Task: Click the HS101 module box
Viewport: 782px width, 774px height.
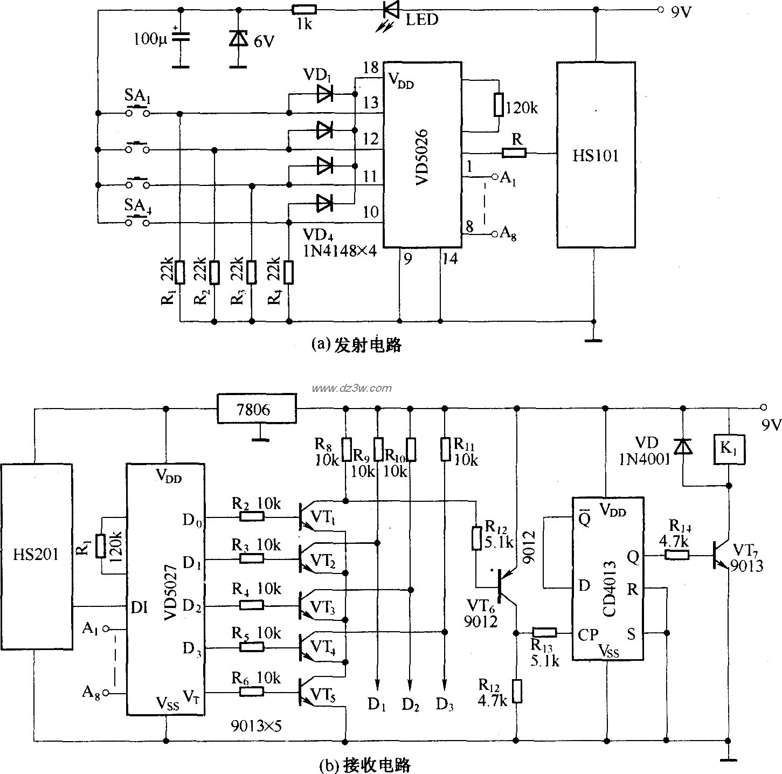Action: click(x=596, y=155)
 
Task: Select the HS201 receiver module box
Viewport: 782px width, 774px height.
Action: click(x=36, y=555)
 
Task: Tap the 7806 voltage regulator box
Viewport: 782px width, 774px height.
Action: click(x=257, y=410)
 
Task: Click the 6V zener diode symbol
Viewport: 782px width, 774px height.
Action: click(x=237, y=38)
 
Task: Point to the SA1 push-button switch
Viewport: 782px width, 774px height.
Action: click(x=137, y=113)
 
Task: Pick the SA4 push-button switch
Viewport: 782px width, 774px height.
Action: click(x=137, y=222)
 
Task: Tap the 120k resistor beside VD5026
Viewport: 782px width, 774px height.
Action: click(x=499, y=106)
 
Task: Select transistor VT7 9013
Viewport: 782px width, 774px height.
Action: click(x=719, y=555)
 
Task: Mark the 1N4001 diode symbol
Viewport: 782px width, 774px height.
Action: click(x=683, y=447)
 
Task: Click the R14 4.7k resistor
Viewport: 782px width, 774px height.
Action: click(x=676, y=555)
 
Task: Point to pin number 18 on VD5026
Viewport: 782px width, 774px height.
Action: click(x=371, y=68)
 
